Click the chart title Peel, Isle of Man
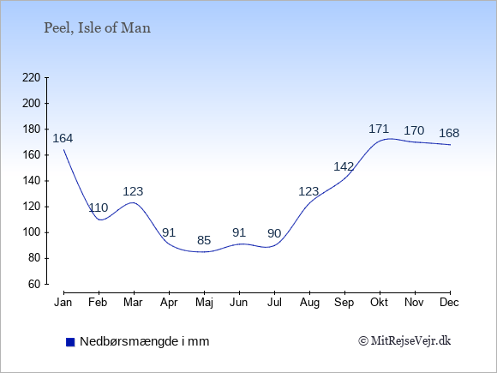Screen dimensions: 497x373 [x=97, y=28]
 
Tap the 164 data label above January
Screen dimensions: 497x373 [x=63, y=138]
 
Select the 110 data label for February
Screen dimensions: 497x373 [x=99, y=208]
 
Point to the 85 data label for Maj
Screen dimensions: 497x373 [x=204, y=240]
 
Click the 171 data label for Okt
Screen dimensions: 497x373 [x=379, y=129]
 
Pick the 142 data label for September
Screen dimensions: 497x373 [x=344, y=166]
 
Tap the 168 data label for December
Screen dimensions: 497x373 [x=449, y=133]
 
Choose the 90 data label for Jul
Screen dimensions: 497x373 [x=274, y=233]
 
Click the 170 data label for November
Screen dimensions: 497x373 [x=414, y=130]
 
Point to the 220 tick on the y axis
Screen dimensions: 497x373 [x=32, y=78]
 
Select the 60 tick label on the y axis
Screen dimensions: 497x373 [x=34, y=284]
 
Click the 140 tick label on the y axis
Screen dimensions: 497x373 [x=32, y=181]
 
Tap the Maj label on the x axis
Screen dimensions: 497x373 [x=204, y=303]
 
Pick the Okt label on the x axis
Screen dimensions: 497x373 [x=379, y=303]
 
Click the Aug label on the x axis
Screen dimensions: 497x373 [x=309, y=303]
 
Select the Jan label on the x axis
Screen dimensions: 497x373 [x=63, y=303]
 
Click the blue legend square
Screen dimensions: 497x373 [x=70, y=342]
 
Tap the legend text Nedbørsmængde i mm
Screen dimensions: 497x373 [x=145, y=341]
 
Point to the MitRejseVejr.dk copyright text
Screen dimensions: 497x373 [x=404, y=341]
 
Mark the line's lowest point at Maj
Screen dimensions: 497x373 [x=204, y=252]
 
